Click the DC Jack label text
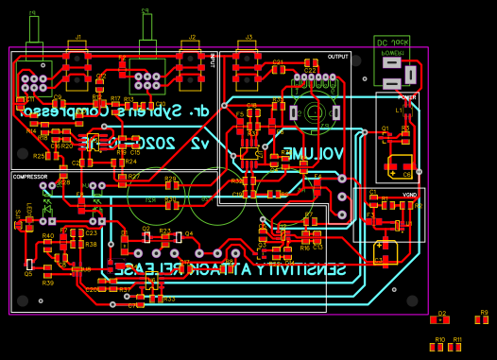click(392, 42)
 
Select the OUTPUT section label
click(337, 57)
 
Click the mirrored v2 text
click(199, 143)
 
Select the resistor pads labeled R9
click(482, 320)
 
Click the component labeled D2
click(440, 319)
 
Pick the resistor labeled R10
click(438, 347)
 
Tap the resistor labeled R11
click(456, 347)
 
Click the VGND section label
click(409, 195)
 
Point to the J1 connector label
click(77, 37)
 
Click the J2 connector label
click(192, 37)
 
